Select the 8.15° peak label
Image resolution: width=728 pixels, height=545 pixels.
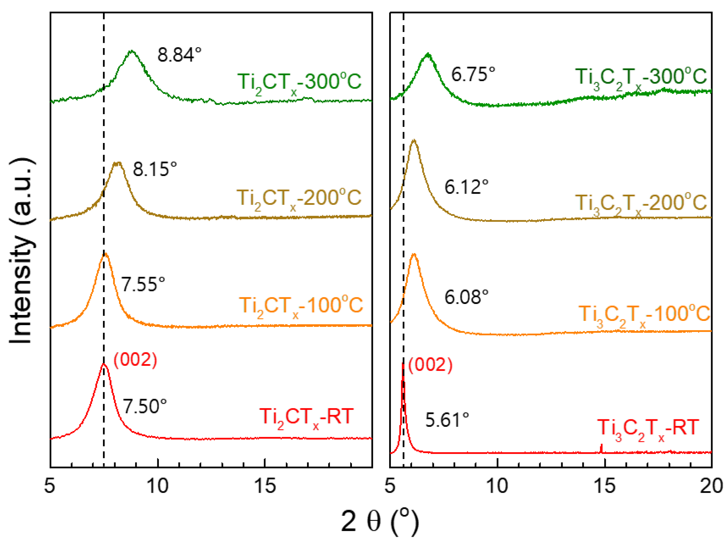tap(155, 169)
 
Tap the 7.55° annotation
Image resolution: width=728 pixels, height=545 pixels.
tap(143, 284)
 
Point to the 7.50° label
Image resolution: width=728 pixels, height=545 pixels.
tap(145, 406)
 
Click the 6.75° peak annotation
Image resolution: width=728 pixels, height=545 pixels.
tap(473, 74)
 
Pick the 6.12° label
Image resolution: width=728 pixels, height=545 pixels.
tap(466, 187)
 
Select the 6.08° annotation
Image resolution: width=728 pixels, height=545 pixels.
tap(466, 297)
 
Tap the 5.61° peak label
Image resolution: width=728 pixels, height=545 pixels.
tap(447, 420)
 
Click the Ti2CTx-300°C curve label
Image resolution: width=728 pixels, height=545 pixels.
tap(299, 82)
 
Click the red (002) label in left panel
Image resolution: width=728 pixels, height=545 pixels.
tap(135, 360)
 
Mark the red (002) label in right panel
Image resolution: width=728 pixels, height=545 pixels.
tap(430, 365)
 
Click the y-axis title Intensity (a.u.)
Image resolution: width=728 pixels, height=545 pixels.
tap(21, 251)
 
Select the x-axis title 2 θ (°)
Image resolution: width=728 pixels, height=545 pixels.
tap(380, 521)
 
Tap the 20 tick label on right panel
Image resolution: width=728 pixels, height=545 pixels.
tap(711, 486)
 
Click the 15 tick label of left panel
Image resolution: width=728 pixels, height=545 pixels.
tap(265, 486)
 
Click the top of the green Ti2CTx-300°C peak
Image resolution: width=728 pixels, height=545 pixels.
tap(132, 51)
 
